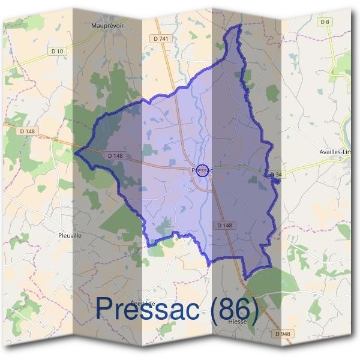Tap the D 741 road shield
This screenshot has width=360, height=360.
pos(161,38)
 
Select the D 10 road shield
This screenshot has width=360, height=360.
pos(58,52)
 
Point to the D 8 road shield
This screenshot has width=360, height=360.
pos(325,22)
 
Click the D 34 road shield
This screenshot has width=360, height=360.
pos(277,174)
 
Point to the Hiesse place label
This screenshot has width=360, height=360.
pos(238,321)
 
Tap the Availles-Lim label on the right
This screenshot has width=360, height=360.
pos(335,152)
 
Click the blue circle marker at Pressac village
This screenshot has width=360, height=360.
pos(203,170)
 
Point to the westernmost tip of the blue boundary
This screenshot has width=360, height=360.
pos(75,152)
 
